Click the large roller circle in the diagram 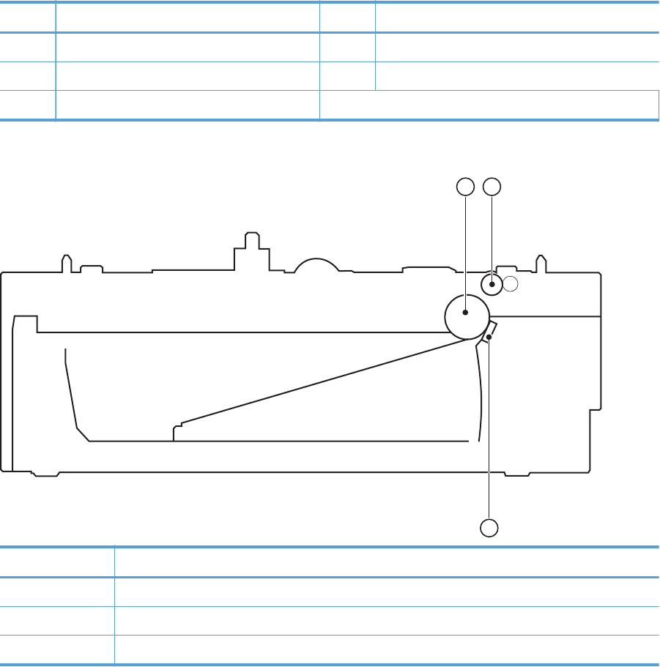[x=467, y=317]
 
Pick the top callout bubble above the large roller [x=464, y=187]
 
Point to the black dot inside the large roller [x=465, y=313]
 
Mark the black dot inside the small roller [x=493, y=284]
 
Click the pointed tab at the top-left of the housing [x=66, y=262]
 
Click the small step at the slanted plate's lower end [x=176, y=431]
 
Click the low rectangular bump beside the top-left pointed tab [x=90, y=269]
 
